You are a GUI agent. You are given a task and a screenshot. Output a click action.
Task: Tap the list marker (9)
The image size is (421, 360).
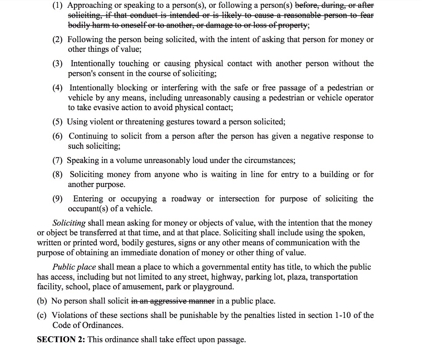[58, 199]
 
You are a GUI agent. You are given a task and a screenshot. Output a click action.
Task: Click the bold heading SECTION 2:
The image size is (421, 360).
[61, 339]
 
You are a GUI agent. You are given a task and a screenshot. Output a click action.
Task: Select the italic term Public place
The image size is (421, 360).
[74, 267]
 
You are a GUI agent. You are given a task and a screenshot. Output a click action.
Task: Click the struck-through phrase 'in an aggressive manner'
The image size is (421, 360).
[173, 301]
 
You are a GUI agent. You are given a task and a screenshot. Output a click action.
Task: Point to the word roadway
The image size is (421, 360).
[186, 199]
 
